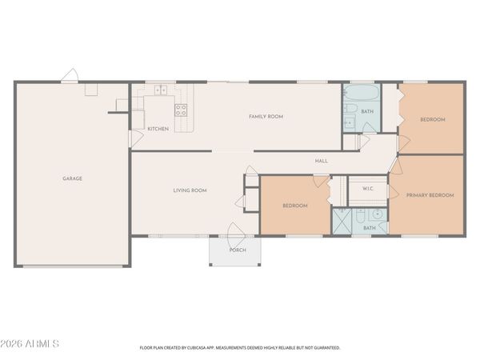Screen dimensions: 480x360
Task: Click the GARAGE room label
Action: (72, 178)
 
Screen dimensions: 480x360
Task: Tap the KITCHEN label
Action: (158, 129)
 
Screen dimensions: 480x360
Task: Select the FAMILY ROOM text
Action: (266, 116)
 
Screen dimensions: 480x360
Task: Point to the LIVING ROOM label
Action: (190, 190)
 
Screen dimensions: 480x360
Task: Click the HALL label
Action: (322, 161)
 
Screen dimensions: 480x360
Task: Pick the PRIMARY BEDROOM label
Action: (430, 195)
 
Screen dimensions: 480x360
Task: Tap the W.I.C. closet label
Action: (368, 189)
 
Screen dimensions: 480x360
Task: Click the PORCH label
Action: (238, 250)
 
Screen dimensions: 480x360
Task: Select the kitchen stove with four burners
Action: (181, 110)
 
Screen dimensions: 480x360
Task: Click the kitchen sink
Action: (161, 90)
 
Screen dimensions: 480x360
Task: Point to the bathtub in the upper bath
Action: (362, 92)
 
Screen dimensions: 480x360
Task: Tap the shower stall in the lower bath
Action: (342, 222)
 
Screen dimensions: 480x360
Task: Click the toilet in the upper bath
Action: (350, 108)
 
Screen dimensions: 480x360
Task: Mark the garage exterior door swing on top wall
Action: (70, 75)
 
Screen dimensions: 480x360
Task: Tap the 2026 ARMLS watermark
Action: (30, 343)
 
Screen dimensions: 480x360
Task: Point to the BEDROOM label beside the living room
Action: (294, 206)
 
